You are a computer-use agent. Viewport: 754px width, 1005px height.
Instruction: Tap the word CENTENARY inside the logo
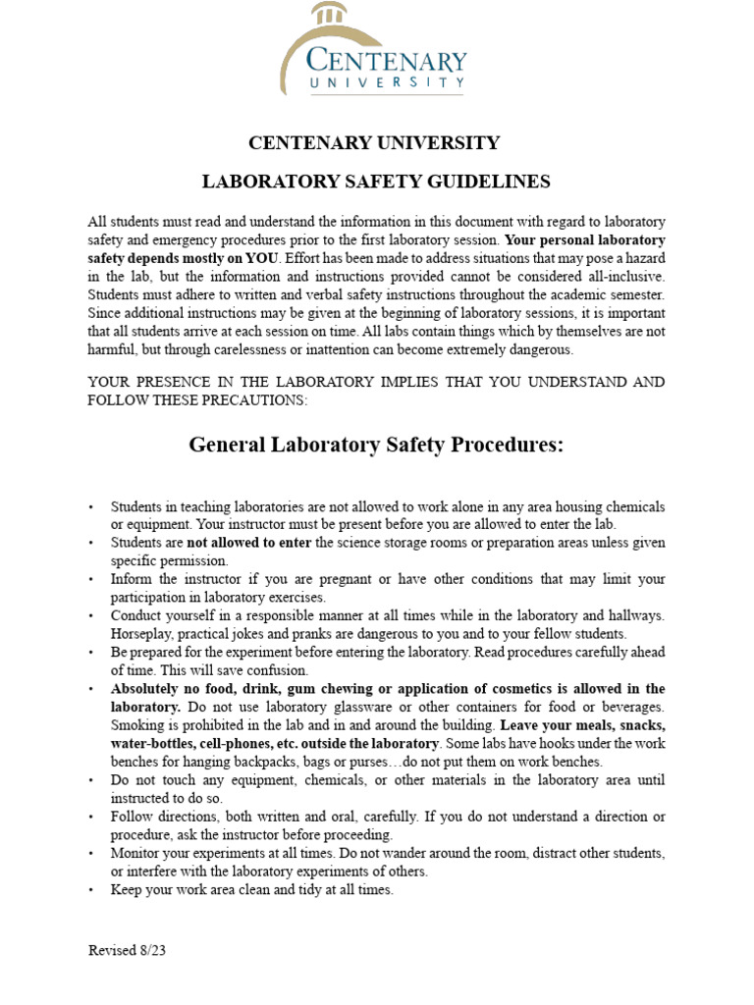pyautogui.click(x=386, y=62)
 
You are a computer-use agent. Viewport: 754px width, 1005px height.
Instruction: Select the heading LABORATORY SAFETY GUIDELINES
pyautogui.click(x=376, y=182)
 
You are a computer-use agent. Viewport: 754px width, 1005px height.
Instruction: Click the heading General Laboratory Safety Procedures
pyautogui.click(x=376, y=445)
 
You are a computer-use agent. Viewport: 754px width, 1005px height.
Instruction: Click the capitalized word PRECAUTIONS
pyautogui.click(x=259, y=400)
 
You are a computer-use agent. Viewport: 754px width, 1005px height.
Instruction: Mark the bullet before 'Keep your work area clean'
pyautogui.click(x=91, y=890)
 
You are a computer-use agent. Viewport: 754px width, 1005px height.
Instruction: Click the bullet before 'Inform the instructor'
pyautogui.click(x=91, y=579)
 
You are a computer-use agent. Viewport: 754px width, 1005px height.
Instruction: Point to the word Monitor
pyautogui.click(x=136, y=854)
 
